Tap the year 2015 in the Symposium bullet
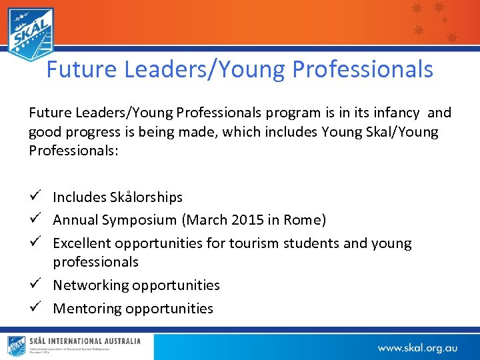pyautogui.click(x=251, y=220)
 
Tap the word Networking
pyautogui.click(x=91, y=285)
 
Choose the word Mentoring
pyautogui.click(x=87, y=309)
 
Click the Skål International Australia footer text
pyautogui.click(x=85, y=341)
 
